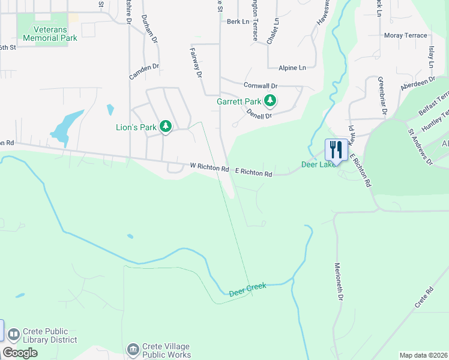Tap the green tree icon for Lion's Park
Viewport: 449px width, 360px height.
pyautogui.click(x=166, y=127)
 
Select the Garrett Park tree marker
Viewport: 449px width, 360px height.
pyautogui.click(x=271, y=101)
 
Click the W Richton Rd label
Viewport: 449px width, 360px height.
pyautogui.click(x=209, y=168)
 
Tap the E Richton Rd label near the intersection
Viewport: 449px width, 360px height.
pyautogui.click(x=253, y=173)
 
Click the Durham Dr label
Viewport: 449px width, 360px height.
pyautogui.click(x=149, y=29)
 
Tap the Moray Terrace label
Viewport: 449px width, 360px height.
pyautogui.click(x=406, y=36)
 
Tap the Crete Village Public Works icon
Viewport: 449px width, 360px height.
pyautogui.click(x=133, y=349)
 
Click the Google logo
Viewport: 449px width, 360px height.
pyautogui.click(x=20, y=353)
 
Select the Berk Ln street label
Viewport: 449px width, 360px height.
pyautogui.click(x=238, y=22)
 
